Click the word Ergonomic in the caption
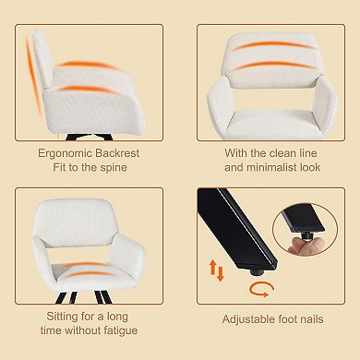click(65, 153)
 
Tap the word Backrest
click(117, 153)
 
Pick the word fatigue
click(121, 330)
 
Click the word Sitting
click(63, 317)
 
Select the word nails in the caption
click(310, 319)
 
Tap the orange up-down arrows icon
click(216, 270)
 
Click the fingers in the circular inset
click(306, 246)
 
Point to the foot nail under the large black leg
click(258, 271)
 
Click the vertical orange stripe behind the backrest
click(33, 77)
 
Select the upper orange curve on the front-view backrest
click(272, 45)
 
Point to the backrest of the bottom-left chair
click(75, 222)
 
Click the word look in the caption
click(310, 167)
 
